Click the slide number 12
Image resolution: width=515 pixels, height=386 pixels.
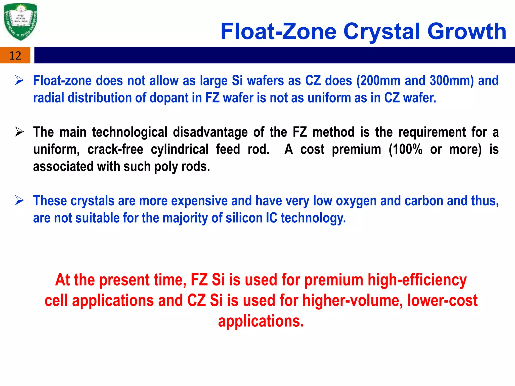pyautogui.click(x=15, y=56)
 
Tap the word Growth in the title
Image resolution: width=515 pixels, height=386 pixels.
pyautogui.click(x=467, y=32)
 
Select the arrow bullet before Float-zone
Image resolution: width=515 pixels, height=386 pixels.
pyautogui.click(x=19, y=80)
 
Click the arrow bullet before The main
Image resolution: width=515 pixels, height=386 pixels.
pyautogui.click(x=19, y=132)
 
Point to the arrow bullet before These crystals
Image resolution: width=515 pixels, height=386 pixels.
pyautogui.click(x=19, y=201)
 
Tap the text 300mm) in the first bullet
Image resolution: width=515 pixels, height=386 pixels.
pyautogui.click(x=452, y=81)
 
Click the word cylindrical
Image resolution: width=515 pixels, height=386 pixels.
pyautogui.click(x=180, y=149)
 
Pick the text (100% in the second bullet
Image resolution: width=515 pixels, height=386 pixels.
pyautogui.click(x=405, y=149)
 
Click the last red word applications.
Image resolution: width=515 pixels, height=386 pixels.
pyautogui.click(x=261, y=321)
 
